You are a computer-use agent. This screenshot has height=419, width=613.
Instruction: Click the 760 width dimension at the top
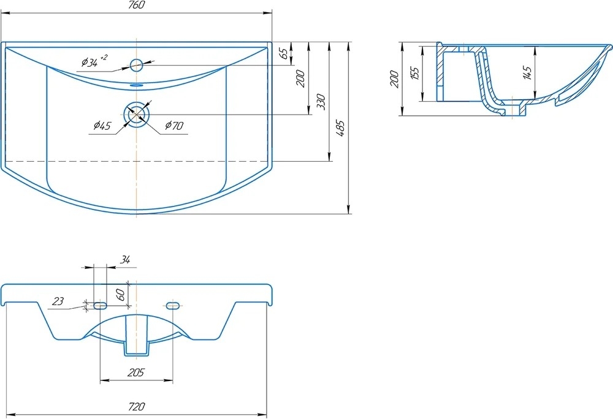tap(136, 5)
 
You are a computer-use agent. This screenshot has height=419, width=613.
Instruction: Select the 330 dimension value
tap(321, 102)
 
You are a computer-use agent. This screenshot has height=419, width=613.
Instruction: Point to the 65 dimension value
tap(286, 53)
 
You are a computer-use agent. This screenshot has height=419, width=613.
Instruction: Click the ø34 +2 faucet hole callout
tap(94, 61)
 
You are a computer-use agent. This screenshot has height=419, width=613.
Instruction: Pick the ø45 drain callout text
tap(102, 126)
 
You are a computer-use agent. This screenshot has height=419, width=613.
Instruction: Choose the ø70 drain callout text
tap(174, 126)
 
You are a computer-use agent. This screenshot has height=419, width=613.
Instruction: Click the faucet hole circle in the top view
tap(137, 65)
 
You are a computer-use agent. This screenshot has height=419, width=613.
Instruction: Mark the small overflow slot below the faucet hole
tap(137, 85)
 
